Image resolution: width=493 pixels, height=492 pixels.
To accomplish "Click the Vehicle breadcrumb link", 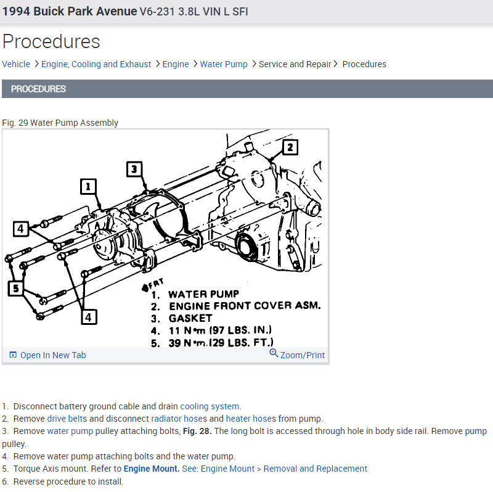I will (16, 64).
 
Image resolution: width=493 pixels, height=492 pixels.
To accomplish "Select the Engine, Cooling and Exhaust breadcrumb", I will (96, 64).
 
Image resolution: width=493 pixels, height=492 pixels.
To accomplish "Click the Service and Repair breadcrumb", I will (295, 64).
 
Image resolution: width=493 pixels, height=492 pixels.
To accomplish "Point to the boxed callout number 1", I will (89, 186).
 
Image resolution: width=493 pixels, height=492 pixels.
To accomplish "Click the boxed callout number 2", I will (290, 147).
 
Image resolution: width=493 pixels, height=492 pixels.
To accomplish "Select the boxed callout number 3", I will (135, 169).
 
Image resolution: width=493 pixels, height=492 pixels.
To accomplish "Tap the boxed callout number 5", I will (16, 287).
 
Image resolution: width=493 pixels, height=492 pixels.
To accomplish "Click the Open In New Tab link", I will (53, 355).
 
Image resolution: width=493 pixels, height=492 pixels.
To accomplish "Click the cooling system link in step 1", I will (210, 406).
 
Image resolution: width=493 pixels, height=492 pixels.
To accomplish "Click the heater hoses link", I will (251, 419).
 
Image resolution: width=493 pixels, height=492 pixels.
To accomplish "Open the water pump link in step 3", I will (70, 431).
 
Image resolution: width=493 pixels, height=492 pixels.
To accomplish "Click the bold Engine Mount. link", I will (152, 469).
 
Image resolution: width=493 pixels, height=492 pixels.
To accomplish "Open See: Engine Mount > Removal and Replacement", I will (275, 469).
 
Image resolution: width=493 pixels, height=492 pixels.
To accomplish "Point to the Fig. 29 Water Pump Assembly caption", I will (60, 123).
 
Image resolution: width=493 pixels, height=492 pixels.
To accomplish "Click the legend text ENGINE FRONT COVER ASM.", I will (245, 306).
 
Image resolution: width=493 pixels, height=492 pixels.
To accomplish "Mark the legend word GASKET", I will (190, 318).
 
